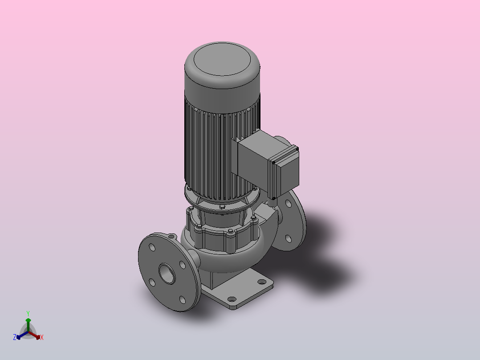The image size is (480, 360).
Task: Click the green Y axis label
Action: pyautogui.click(x=28, y=313)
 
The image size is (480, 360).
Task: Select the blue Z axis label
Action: pyautogui.click(x=15, y=337)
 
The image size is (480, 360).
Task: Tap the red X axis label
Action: pyautogui.click(x=42, y=337)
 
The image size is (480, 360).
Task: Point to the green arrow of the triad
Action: pyautogui.click(x=28, y=325)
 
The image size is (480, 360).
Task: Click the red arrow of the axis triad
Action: pyautogui.click(x=34, y=335)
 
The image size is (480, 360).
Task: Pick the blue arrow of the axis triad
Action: pyautogui.click(x=22, y=335)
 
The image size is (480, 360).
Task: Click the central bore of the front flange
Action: pyautogui.click(x=167, y=274)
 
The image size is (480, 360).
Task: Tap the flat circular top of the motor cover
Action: pyautogui.click(x=222, y=59)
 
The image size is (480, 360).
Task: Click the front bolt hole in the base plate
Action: pyautogui.click(x=232, y=299)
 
